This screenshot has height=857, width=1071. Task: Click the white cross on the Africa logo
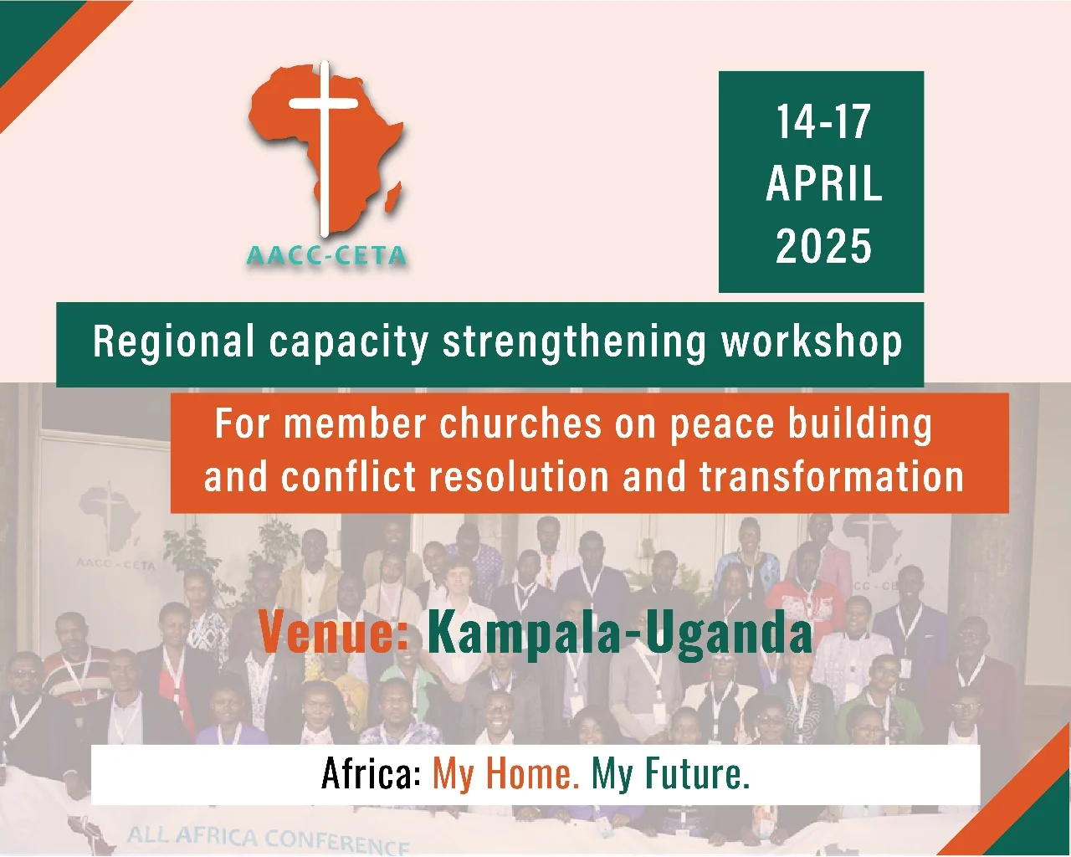point(324,149)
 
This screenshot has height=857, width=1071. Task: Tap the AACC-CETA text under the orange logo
point(326,256)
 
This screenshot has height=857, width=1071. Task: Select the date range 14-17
point(823,121)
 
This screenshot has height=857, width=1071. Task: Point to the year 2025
point(823,245)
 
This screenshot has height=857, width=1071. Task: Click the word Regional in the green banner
point(173,341)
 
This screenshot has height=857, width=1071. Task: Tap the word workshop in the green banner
point(812,341)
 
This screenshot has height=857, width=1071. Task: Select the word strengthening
point(575,342)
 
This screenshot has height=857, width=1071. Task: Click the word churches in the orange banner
point(520,423)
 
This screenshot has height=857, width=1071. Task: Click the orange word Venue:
point(333,633)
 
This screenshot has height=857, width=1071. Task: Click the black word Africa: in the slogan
point(372,774)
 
